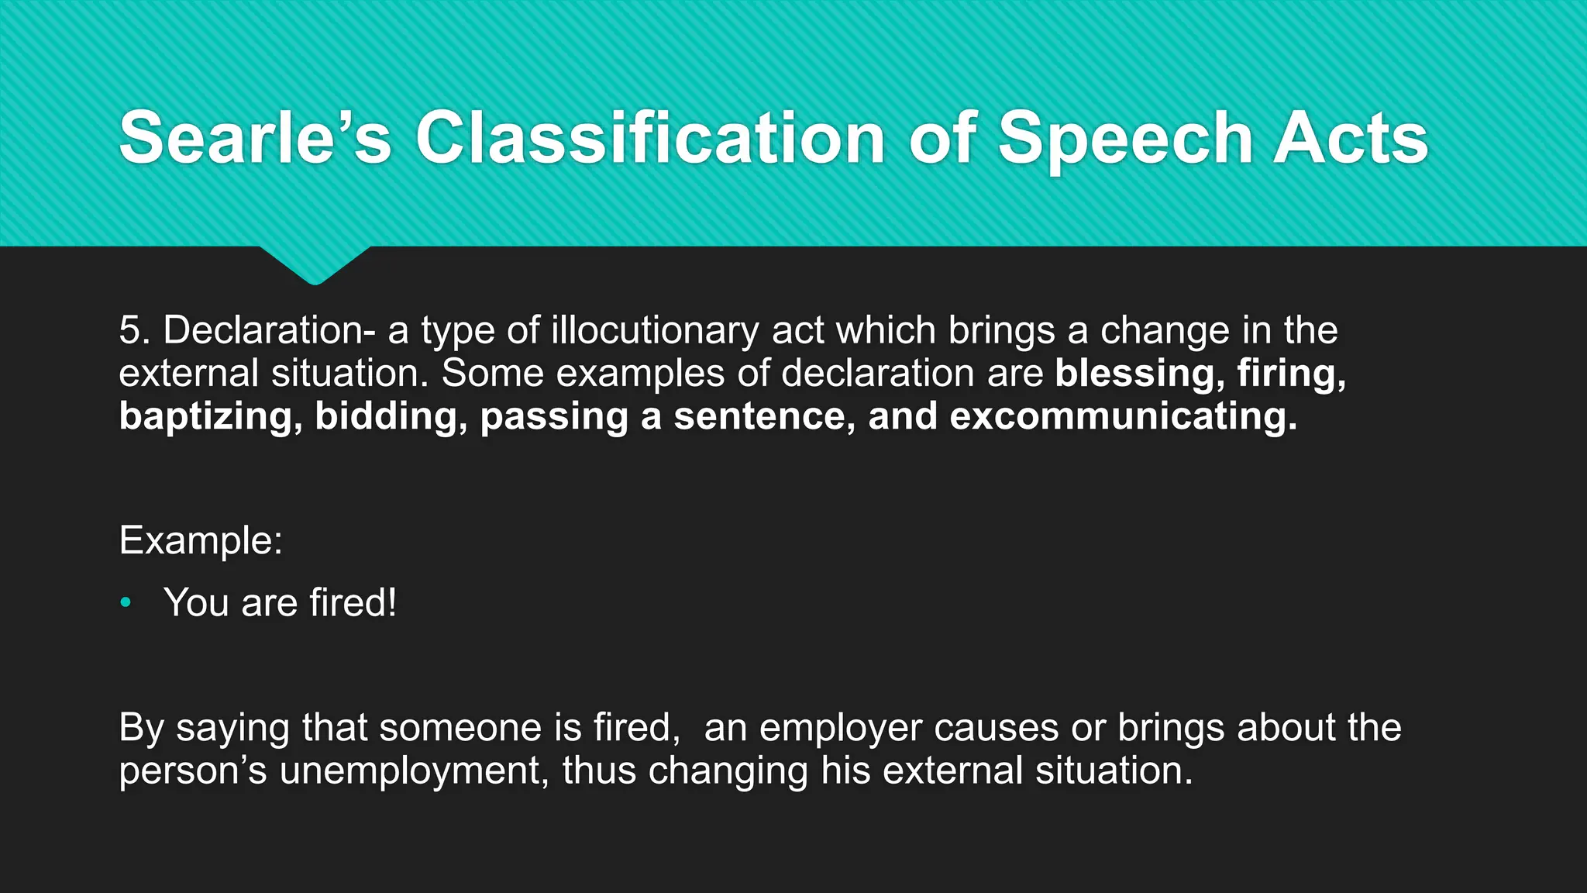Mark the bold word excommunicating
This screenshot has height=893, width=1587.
click(x=1123, y=416)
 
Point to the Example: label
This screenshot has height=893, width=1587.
click(x=201, y=540)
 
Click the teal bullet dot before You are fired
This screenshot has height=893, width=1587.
click(x=126, y=602)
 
